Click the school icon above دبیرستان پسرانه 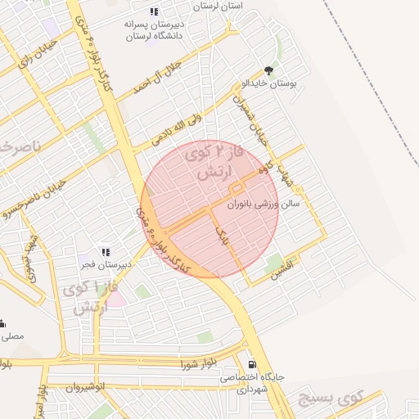click(x=154, y=11)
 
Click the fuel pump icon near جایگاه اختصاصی click(x=250, y=364)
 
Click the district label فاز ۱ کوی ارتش click(x=82, y=298)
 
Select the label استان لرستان click(x=219, y=6)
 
